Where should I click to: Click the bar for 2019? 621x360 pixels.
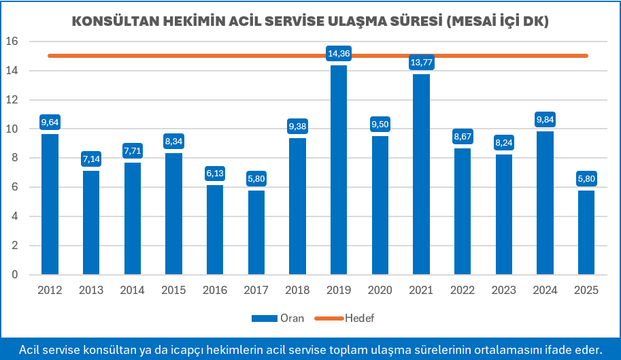click(338, 170)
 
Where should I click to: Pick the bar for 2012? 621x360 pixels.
click(50, 204)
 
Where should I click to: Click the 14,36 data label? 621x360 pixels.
click(338, 53)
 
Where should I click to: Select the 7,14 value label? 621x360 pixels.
click(91, 159)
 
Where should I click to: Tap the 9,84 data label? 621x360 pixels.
click(545, 120)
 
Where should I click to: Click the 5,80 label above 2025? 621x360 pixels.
click(586, 179)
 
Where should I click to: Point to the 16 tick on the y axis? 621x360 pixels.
click(12, 42)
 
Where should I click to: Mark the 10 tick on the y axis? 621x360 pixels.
click(12, 129)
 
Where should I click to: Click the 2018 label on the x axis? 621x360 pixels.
click(297, 290)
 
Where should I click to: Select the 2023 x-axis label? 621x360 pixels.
click(503, 290)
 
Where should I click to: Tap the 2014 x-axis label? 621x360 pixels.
click(132, 290)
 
